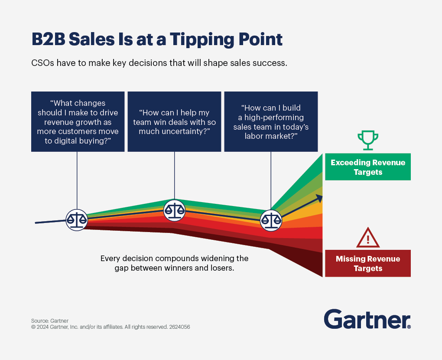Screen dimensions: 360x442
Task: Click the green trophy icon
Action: point(367,141)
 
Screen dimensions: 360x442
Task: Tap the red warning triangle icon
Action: point(367,238)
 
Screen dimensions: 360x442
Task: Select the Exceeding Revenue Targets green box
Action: point(367,167)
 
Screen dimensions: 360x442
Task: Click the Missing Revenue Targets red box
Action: point(367,264)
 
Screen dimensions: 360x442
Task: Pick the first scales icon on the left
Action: point(77,220)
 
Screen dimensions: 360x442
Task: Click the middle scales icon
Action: point(174,210)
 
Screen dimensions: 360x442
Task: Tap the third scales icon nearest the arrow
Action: point(271,220)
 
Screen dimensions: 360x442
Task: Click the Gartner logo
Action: point(366,320)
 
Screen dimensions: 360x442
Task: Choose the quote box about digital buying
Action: point(78,121)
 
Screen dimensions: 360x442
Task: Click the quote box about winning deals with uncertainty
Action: point(174,121)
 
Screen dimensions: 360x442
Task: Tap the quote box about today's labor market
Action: point(271,121)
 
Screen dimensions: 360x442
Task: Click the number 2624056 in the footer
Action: point(179,327)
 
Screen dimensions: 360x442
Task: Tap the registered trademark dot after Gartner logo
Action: point(409,327)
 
